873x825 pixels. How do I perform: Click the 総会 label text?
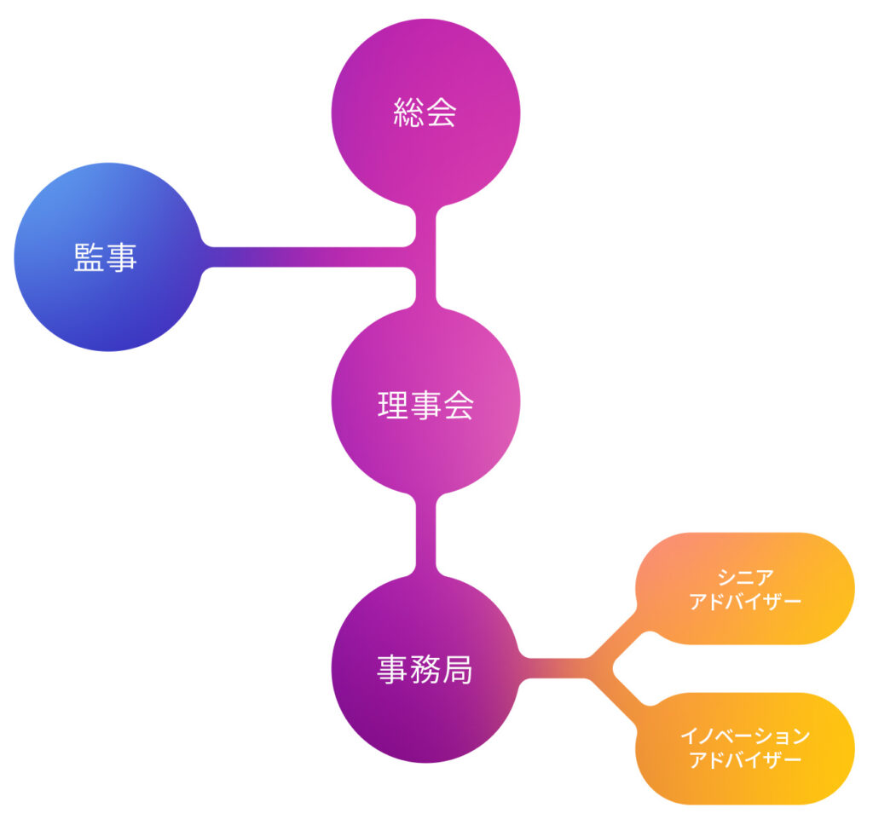click(x=425, y=112)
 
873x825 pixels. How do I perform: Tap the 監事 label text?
click(x=105, y=257)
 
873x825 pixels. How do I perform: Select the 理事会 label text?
click(x=425, y=406)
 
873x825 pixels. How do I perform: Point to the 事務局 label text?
click(x=425, y=669)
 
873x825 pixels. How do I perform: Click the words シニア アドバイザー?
click(x=745, y=590)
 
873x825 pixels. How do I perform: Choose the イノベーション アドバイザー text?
click(x=745, y=748)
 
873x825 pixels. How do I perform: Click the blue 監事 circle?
click(x=107, y=257)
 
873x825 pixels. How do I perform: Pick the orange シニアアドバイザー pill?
click(x=745, y=589)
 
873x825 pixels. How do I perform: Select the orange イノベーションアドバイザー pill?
click(x=745, y=749)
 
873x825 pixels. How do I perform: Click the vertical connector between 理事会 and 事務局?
click(x=426, y=534)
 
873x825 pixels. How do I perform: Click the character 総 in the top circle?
click(x=409, y=112)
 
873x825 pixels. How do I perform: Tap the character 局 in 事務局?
click(x=457, y=669)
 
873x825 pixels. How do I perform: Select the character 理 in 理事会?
click(x=394, y=406)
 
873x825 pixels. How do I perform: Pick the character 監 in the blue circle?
click(x=89, y=257)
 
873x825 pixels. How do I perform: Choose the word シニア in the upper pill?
click(x=745, y=578)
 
